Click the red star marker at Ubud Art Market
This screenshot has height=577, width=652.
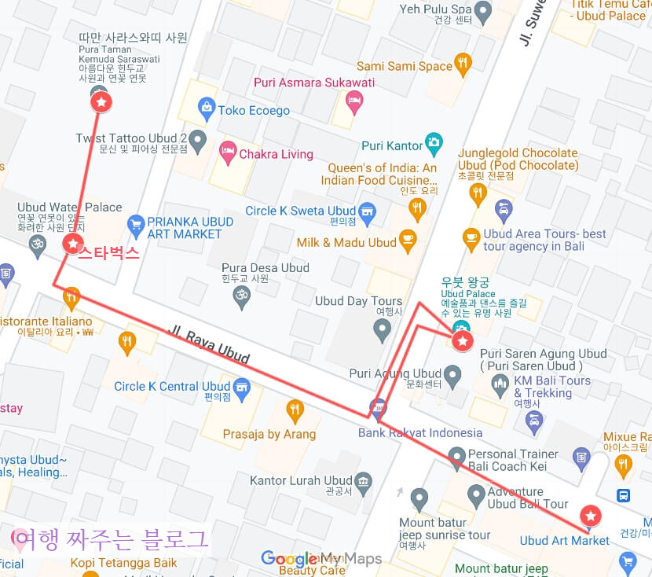pyautogui.click(x=590, y=516)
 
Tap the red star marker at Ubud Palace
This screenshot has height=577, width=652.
pyautogui.click(x=463, y=340)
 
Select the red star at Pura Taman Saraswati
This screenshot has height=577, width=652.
pyautogui.click(x=101, y=101)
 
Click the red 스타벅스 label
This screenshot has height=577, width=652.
pyautogui.click(x=108, y=252)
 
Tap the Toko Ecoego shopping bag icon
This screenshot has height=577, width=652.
pyautogui.click(x=207, y=110)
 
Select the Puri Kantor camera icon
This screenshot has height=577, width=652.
pyautogui.click(x=434, y=144)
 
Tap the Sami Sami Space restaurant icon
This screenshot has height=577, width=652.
pyautogui.click(x=463, y=65)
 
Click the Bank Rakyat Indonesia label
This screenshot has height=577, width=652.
pyautogui.click(x=420, y=432)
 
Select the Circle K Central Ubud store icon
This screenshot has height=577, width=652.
pyautogui.click(x=242, y=386)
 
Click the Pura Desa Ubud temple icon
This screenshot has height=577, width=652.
pyautogui.click(x=242, y=296)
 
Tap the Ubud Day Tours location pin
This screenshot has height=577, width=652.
pyautogui.click(x=383, y=330)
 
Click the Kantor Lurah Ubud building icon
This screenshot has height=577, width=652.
pyautogui.click(x=363, y=480)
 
